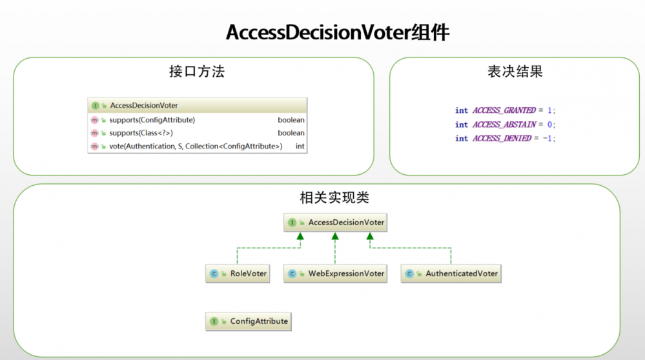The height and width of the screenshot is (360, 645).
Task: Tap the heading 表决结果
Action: tap(515, 71)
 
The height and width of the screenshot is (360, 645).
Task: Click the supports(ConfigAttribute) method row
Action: tap(152, 120)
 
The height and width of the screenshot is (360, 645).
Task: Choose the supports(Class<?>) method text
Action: tap(141, 133)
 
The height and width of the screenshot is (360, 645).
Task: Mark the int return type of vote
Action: tap(300, 146)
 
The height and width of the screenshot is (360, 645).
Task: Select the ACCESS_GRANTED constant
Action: tap(504, 110)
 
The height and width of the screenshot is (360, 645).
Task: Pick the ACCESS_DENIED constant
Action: tap(502, 138)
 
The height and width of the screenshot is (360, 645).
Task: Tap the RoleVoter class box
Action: tap(238, 274)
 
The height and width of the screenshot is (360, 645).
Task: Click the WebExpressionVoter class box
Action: tap(335, 274)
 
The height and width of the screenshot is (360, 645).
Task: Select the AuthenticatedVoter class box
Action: tap(451, 274)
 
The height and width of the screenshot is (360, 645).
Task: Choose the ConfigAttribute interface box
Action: tap(249, 321)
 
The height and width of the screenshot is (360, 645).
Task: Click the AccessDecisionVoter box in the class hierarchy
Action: tap(335, 223)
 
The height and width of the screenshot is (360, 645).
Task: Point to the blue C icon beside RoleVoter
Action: tap(214, 274)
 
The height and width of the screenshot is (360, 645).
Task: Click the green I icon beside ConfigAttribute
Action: tap(214, 321)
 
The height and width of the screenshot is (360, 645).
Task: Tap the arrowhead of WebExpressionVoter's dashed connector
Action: tap(335, 237)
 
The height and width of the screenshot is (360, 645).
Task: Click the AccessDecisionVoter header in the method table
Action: tap(144, 105)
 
